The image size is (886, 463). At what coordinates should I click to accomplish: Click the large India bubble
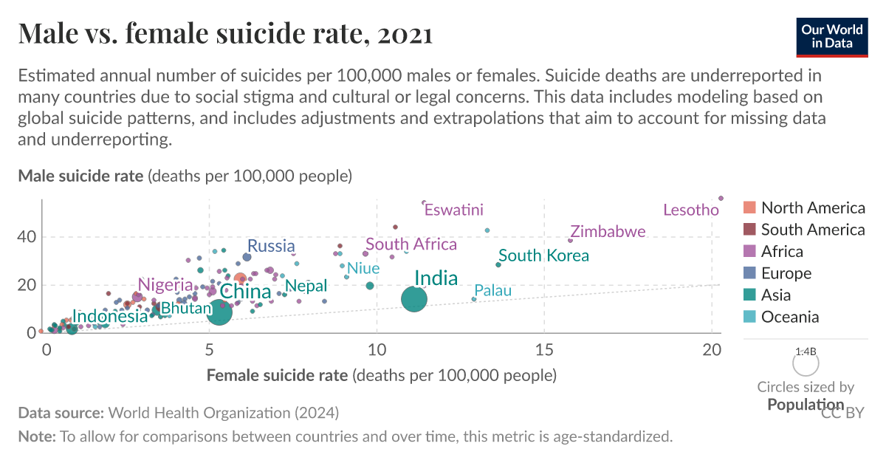pyautogui.click(x=414, y=299)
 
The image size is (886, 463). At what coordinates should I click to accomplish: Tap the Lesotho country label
pyautogui.click(x=690, y=210)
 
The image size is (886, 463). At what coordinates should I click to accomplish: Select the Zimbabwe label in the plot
pyautogui.click(x=608, y=232)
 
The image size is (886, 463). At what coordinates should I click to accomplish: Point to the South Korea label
pyautogui.click(x=543, y=255)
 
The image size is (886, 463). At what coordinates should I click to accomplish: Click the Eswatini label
pyautogui.click(x=454, y=210)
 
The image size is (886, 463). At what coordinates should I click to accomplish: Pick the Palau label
pyautogui.click(x=492, y=291)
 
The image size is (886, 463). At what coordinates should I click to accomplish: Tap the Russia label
pyautogui.click(x=271, y=246)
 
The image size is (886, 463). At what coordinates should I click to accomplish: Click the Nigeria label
pyautogui.click(x=165, y=284)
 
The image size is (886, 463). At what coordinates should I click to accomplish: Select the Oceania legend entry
pyautogui.click(x=789, y=317)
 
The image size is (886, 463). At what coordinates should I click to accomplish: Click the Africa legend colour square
pyautogui.click(x=749, y=252)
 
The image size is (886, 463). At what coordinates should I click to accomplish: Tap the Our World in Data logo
pyautogui.click(x=831, y=36)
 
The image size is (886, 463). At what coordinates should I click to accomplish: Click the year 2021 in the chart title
pyautogui.click(x=402, y=34)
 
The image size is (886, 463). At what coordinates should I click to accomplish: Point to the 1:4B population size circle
pyautogui.click(x=806, y=363)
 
